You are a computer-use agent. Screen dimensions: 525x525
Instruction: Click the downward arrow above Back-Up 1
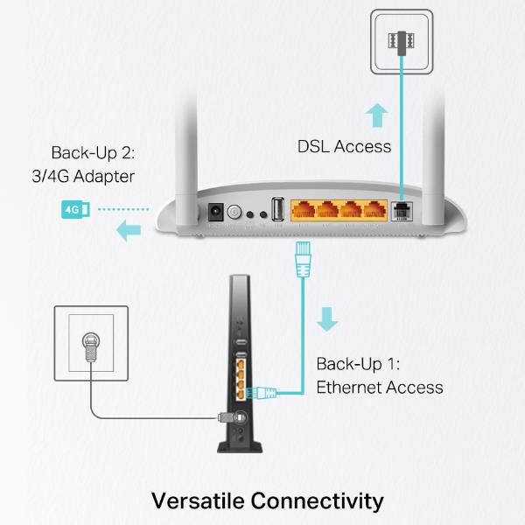tap(327, 318)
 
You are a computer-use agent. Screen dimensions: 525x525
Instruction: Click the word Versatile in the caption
tap(198, 500)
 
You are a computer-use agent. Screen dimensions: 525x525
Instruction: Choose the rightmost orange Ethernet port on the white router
tap(376, 210)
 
